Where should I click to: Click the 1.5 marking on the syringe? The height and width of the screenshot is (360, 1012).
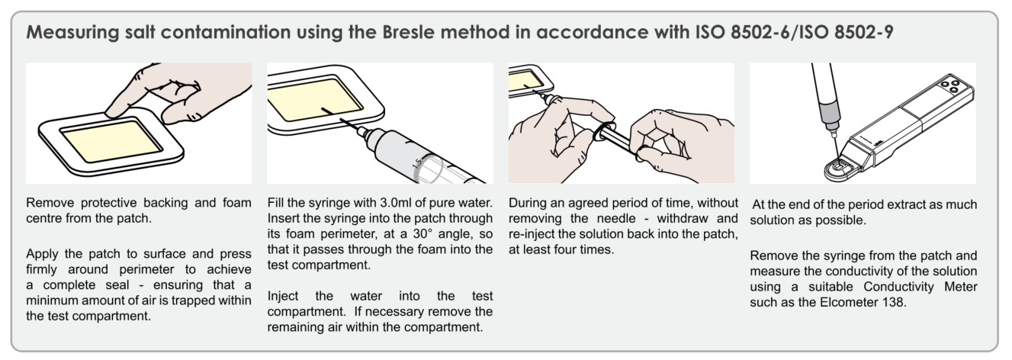click(419, 162)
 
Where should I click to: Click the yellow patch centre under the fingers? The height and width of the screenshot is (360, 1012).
click(111, 141)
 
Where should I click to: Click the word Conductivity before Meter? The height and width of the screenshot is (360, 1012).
click(898, 287)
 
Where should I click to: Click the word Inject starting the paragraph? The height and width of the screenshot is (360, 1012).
click(283, 296)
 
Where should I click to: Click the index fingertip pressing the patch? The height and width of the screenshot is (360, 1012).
click(113, 110)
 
